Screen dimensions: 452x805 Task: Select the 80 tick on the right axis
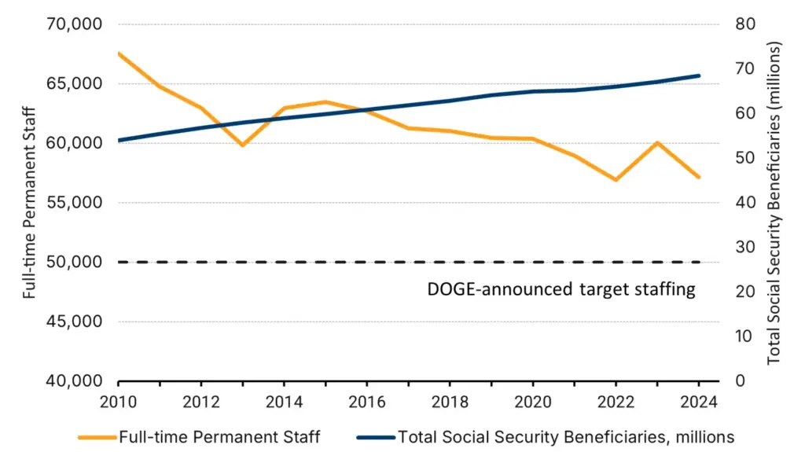tap(745, 24)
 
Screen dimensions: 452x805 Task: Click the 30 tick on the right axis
tap(745, 247)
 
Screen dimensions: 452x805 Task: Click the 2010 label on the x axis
tap(119, 402)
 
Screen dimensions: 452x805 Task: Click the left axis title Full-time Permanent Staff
tap(30, 203)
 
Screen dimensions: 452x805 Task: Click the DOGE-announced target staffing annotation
tap(561, 289)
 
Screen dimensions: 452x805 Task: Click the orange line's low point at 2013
tap(243, 145)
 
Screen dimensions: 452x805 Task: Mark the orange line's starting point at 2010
tap(119, 53)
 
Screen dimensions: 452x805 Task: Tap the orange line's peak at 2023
tap(656, 142)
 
